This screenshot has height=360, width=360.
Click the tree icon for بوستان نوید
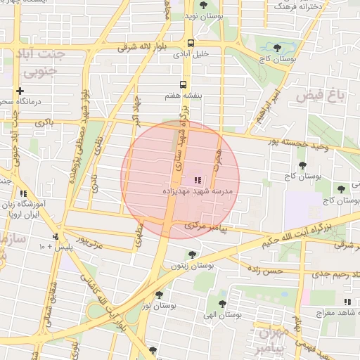[x=203, y=6]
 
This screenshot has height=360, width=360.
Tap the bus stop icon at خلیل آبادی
[x=191, y=43]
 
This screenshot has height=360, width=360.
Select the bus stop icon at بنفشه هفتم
[x=184, y=85]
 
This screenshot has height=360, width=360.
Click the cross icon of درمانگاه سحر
[x=20, y=91]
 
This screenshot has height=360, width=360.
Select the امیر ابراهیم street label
[x=269, y=107]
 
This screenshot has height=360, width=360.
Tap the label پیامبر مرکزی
[x=206, y=227]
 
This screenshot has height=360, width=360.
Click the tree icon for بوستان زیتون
[x=193, y=255]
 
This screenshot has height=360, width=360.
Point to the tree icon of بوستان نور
[x=159, y=295]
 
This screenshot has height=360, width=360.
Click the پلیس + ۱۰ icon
[x=56, y=236]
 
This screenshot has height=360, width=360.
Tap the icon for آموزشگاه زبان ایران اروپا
[x=23, y=193]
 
